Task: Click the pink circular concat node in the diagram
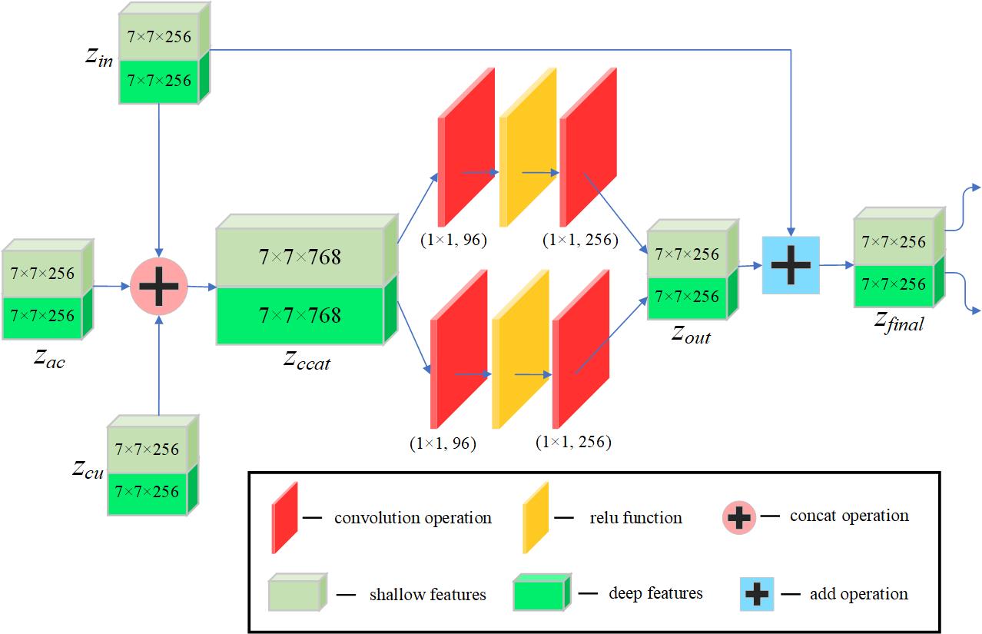[x=159, y=286]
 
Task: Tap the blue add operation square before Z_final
[x=791, y=264]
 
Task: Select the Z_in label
[x=100, y=57]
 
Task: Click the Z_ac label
[x=49, y=357]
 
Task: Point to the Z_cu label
[x=88, y=469]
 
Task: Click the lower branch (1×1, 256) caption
[x=573, y=442]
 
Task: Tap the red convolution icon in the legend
[x=284, y=517]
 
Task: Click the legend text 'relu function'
[x=635, y=517]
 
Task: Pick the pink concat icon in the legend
[x=739, y=517]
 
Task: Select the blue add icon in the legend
[x=756, y=594]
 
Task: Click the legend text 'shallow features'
[x=427, y=594]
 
